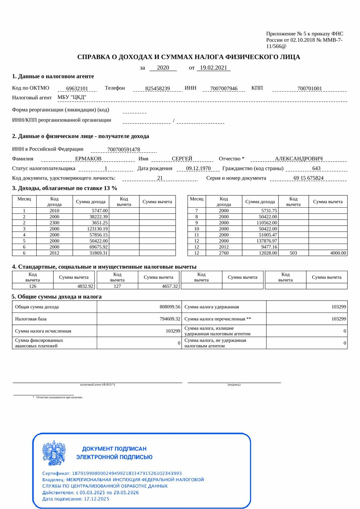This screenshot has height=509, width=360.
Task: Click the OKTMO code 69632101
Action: (x=77, y=89)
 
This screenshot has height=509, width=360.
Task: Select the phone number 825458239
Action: (x=157, y=89)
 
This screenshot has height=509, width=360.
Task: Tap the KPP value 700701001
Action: (x=309, y=89)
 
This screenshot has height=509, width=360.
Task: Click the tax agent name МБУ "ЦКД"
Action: (x=72, y=97)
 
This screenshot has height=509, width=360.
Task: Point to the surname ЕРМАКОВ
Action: (x=88, y=159)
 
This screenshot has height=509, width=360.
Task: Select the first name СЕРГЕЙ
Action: (x=182, y=159)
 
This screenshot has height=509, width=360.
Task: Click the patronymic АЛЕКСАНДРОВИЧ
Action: (x=299, y=159)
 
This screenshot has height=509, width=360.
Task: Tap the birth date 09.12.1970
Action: (x=198, y=168)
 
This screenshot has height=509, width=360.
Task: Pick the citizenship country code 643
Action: (x=316, y=168)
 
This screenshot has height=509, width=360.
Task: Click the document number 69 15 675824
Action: (x=308, y=178)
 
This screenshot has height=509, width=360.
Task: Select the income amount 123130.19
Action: (x=97, y=229)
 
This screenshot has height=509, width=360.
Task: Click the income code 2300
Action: (x=54, y=223)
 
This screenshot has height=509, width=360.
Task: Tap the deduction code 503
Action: (x=293, y=253)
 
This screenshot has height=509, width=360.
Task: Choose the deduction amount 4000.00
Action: (x=338, y=253)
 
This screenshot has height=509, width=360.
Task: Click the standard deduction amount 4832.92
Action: (x=85, y=286)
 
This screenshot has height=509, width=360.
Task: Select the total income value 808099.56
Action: (x=170, y=307)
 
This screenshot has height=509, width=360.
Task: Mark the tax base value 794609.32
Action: (x=170, y=319)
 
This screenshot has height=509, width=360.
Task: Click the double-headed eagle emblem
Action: (x=54, y=453)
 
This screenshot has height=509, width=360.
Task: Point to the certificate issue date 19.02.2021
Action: (x=213, y=68)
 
